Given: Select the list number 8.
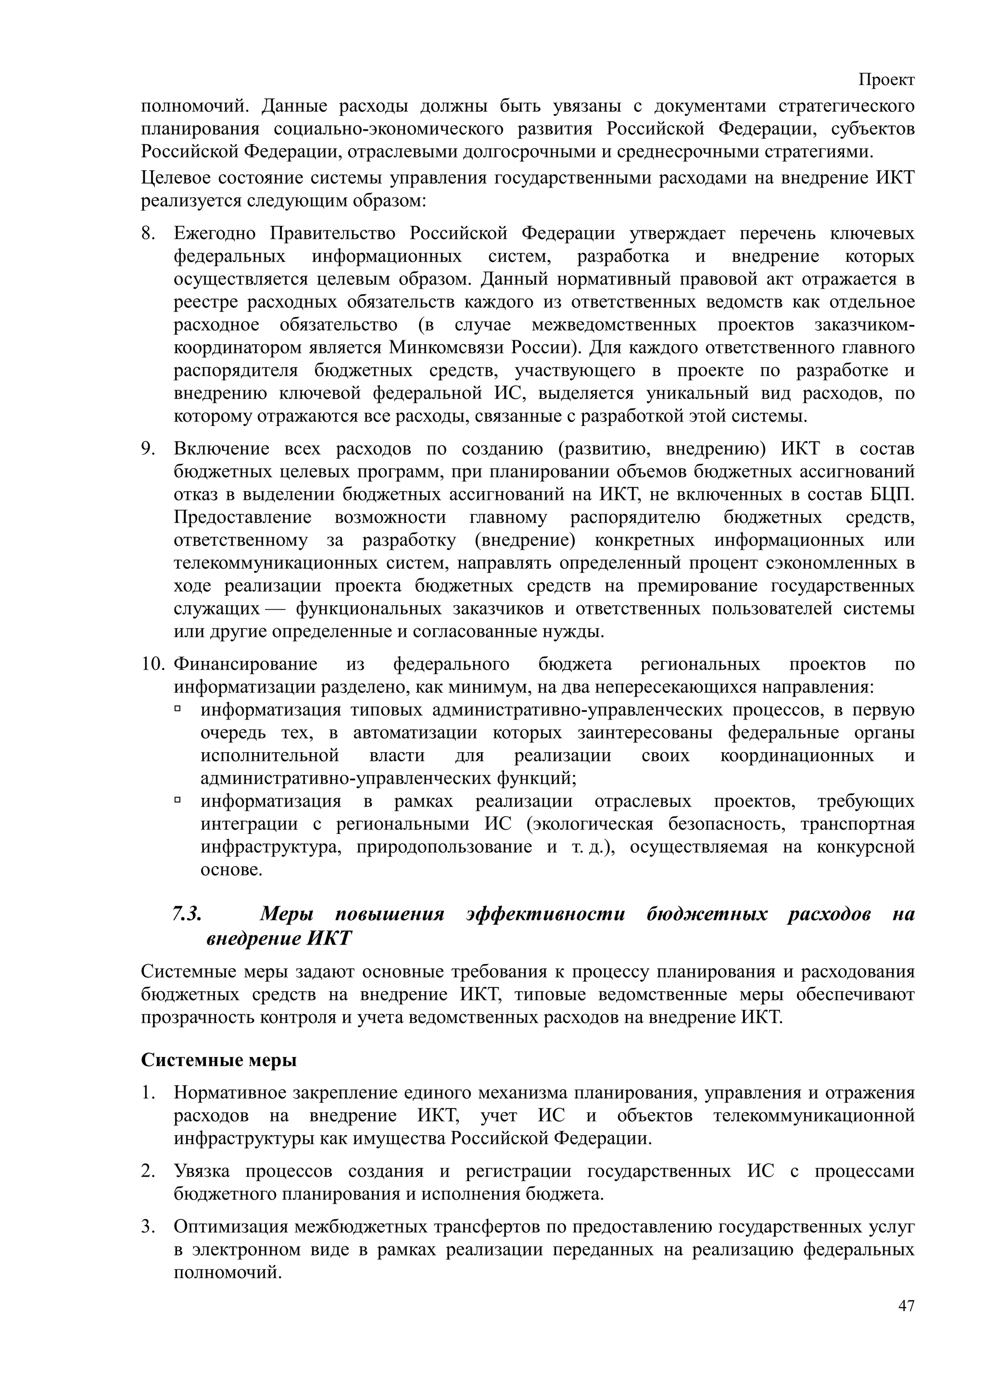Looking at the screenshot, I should pyautogui.click(x=148, y=234).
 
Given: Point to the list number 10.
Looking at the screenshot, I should pyautogui.click(x=153, y=664).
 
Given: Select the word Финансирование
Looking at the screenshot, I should pyautogui.click(x=246, y=664).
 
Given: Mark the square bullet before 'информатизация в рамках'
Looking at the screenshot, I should pyautogui.click(x=178, y=800).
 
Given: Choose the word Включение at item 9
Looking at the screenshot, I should pyautogui.click(x=215, y=449).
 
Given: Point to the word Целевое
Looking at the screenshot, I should pyautogui.click(x=176, y=178).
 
